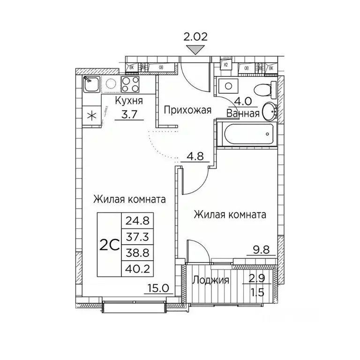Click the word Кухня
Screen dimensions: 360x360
pyautogui.click(x=129, y=101)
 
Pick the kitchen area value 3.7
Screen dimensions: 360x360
pyautogui.click(x=128, y=114)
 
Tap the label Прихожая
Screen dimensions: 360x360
pyautogui.click(x=187, y=111)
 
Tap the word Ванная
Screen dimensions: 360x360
pyautogui.click(x=243, y=113)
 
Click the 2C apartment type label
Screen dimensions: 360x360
pyautogui.click(x=109, y=245)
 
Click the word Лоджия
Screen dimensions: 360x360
pyautogui.click(x=211, y=281)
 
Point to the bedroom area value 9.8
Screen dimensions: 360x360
pyautogui.click(x=255, y=250)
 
